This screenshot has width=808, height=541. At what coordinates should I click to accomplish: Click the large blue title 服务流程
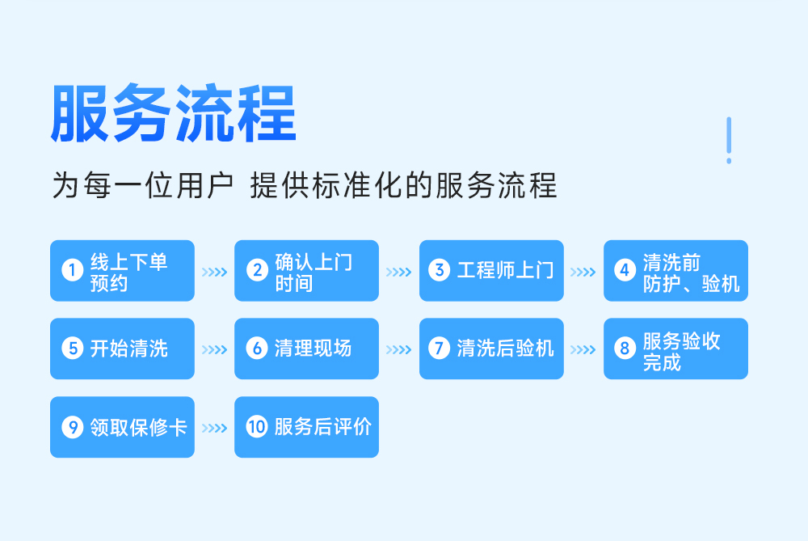(x=174, y=112)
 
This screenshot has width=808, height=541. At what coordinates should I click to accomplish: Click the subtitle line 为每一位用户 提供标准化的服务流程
(x=305, y=185)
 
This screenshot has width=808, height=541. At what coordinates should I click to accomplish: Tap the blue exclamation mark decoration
(x=729, y=140)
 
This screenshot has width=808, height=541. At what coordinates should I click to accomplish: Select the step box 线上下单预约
(x=122, y=271)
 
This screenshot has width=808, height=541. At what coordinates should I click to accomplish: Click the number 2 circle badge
(x=257, y=270)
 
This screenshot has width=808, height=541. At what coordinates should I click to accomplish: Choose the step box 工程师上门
(x=491, y=271)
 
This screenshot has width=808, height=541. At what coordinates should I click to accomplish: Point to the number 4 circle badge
(x=625, y=270)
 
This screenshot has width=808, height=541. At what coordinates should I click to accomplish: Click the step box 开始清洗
(x=122, y=349)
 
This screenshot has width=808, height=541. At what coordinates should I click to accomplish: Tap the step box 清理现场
(x=306, y=349)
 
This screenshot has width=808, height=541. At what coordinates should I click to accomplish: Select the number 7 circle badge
(x=439, y=348)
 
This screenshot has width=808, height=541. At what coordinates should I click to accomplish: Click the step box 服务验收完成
(x=675, y=349)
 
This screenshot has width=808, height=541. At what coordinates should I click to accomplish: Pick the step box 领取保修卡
(x=122, y=427)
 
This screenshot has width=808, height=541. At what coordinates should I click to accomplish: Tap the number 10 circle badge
(x=257, y=426)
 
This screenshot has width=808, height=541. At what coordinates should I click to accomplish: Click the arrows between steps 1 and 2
(x=214, y=272)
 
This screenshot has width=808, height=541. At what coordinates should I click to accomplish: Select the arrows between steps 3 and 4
(x=583, y=272)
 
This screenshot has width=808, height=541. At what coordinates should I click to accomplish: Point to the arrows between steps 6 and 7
(x=399, y=349)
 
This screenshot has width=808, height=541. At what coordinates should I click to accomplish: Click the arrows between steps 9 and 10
(x=214, y=428)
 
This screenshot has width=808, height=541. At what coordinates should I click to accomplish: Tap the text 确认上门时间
(x=314, y=273)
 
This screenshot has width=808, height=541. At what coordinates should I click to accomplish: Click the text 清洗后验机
(x=506, y=348)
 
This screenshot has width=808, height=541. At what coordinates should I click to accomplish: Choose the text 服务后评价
(x=322, y=426)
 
